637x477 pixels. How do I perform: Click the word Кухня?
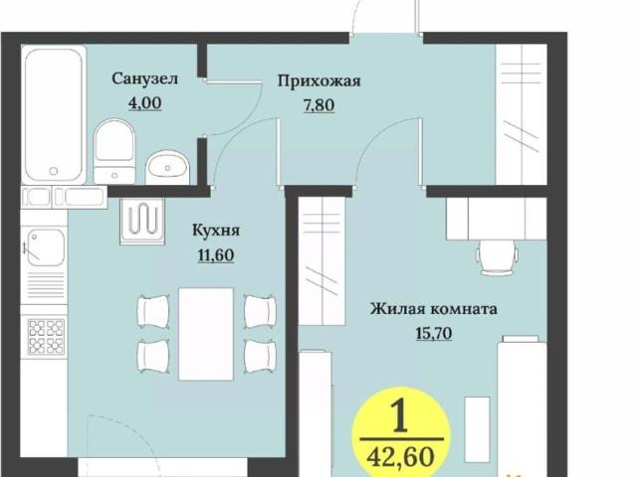216,231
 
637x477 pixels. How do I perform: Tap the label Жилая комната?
433,309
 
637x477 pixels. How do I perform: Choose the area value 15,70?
433,333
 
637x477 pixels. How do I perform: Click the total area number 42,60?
403,458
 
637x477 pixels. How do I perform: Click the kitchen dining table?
206,334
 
